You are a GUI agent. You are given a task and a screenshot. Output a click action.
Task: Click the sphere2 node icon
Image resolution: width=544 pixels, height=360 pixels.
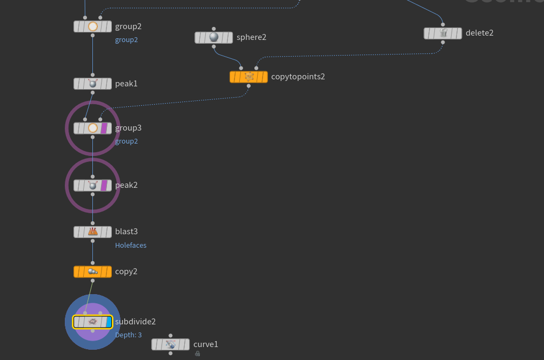pyautogui.click(x=214, y=37)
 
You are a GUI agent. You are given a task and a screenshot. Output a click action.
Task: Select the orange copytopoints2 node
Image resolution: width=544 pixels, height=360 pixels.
pyautogui.click(x=249, y=77)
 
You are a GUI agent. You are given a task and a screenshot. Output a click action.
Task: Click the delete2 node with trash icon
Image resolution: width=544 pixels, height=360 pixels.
pyautogui.click(x=443, y=33)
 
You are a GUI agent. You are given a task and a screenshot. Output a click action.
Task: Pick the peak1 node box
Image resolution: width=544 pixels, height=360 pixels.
pyautogui.click(x=92, y=84)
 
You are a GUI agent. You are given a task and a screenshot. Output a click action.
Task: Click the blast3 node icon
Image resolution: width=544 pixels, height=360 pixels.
pyautogui.click(x=92, y=232)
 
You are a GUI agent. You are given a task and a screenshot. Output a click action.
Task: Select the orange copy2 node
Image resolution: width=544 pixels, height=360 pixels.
pyautogui.click(x=92, y=271)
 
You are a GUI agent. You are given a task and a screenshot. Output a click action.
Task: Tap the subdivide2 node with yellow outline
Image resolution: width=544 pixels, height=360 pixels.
pyautogui.click(x=92, y=322)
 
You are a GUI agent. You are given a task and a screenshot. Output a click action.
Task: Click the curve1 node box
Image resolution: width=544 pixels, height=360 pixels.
pyautogui.click(x=170, y=344)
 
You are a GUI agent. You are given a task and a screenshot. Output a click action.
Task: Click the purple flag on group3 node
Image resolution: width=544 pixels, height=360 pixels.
pyautogui.click(x=105, y=128)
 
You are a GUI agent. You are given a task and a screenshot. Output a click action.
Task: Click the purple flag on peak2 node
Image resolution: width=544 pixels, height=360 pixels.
pyautogui.click(x=105, y=185)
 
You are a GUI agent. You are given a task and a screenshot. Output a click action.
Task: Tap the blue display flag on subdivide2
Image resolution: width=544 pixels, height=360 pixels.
pyautogui.click(x=109, y=322)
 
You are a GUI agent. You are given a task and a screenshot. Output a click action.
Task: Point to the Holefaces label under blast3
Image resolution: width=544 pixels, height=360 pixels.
pyautogui.click(x=131, y=245)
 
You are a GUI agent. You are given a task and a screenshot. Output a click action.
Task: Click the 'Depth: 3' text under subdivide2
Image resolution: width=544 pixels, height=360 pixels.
pyautogui.click(x=129, y=335)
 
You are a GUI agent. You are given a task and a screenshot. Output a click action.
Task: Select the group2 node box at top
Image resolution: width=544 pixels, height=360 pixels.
pyautogui.click(x=92, y=26)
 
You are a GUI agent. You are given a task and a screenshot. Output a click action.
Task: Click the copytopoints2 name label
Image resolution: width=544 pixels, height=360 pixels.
pyautogui.click(x=298, y=77)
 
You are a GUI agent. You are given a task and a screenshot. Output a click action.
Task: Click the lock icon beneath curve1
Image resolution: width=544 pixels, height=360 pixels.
pyautogui.click(x=198, y=354)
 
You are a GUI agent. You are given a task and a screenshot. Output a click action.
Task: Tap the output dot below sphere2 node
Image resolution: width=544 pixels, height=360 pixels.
pyautogui.click(x=214, y=46)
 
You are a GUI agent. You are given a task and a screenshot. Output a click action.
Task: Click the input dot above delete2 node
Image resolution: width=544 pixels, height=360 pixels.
pyautogui.click(x=443, y=24)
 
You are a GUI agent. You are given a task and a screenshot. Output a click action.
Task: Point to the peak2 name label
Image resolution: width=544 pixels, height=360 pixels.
pyautogui.click(x=126, y=185)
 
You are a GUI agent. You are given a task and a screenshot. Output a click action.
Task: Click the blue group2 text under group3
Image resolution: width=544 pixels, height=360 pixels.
pyautogui.click(x=126, y=141)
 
